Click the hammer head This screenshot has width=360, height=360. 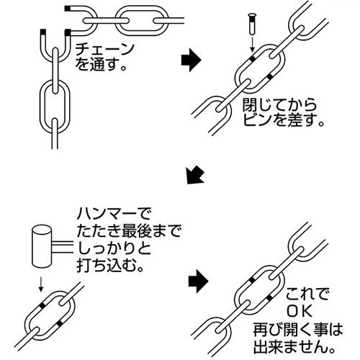(42, 246)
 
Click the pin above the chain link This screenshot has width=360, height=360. (252, 24)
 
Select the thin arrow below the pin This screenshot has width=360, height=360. (252, 44)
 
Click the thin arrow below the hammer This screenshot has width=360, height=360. (41, 284)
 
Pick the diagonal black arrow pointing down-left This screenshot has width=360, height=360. (196, 175)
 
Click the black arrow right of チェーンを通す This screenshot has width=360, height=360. (191, 60)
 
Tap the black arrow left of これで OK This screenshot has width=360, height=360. (198, 281)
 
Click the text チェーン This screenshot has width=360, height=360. (104, 50)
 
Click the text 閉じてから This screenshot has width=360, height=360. (279, 104)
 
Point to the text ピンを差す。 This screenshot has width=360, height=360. (284, 120)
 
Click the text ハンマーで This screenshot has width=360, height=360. (114, 215)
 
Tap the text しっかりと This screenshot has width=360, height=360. (114, 249)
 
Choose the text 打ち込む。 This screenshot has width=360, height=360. (109, 266)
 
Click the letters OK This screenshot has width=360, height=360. (300, 311)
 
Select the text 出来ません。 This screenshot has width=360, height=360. (294, 346)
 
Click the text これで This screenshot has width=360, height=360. (307, 294)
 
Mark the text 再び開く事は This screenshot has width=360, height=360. (298, 329)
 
